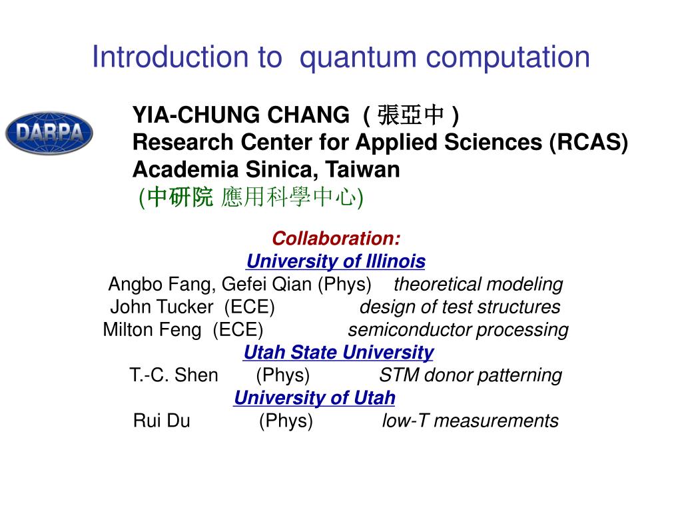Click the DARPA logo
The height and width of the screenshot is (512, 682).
tap(49, 133)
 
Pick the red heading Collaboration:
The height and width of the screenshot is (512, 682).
tap(336, 239)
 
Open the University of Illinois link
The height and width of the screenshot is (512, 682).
tap(336, 261)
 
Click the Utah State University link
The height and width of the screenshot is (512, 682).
tap(338, 352)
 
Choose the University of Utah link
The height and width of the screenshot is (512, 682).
tap(314, 398)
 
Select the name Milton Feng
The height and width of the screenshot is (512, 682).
tap(152, 330)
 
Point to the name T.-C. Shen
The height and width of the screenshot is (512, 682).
tap(174, 375)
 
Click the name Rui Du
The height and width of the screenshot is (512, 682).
tap(162, 421)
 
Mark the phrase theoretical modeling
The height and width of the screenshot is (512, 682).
tap(478, 285)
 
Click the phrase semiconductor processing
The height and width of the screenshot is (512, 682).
tap(458, 330)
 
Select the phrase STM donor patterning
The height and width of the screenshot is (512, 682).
tap(470, 375)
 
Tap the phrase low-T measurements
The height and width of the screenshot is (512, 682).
tap(470, 421)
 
